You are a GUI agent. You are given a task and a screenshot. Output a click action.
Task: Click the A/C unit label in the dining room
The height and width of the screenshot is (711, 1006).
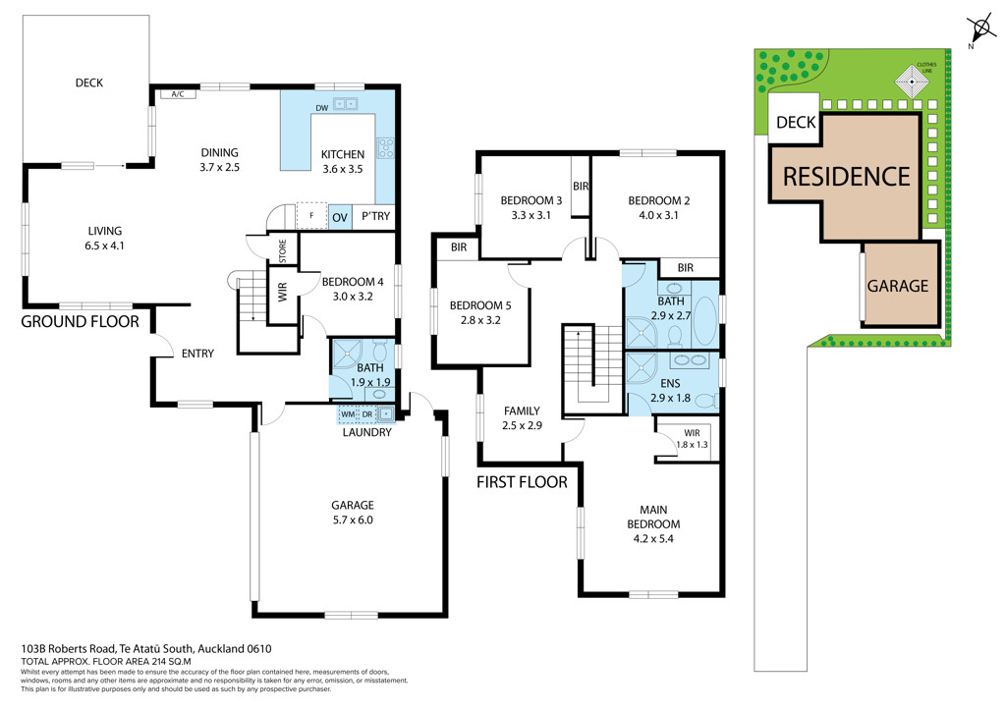(x=178, y=94)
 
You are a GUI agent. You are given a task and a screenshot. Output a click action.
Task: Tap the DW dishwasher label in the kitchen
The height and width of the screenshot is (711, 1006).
(x=322, y=108)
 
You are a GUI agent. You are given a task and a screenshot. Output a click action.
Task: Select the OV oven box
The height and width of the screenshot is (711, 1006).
(x=339, y=217)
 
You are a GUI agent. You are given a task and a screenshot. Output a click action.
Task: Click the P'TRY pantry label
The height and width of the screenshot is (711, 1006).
(x=375, y=216)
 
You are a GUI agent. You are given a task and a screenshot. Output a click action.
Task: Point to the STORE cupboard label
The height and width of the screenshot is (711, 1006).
(x=283, y=250)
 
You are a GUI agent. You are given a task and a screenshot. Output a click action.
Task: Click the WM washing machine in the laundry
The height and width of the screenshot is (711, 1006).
(x=348, y=414)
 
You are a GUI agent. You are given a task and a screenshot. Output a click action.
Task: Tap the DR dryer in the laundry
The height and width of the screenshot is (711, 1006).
(x=367, y=414)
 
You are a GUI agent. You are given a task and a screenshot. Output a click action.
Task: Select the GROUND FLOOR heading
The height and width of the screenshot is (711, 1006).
(x=81, y=321)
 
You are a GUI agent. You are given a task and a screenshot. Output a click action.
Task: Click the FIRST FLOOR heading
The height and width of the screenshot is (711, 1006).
(x=522, y=482)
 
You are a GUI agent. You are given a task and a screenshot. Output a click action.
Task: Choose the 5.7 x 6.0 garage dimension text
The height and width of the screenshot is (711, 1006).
(x=353, y=520)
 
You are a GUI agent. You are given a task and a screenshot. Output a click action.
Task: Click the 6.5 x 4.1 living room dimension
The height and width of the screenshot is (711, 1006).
(x=104, y=246)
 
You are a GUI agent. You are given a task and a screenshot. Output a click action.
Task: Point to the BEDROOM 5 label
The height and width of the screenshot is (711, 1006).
(x=480, y=305)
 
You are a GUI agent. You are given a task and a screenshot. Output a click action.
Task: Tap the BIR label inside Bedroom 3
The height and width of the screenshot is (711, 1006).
(x=581, y=186)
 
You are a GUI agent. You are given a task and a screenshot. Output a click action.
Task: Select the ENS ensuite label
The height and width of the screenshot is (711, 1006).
(x=670, y=383)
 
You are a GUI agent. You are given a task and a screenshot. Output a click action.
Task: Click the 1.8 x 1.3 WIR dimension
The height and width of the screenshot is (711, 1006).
(x=693, y=444)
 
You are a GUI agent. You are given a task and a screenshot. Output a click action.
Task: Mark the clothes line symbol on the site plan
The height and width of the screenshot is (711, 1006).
(x=912, y=82)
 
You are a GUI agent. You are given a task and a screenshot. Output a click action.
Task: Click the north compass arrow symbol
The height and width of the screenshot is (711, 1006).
(x=980, y=29)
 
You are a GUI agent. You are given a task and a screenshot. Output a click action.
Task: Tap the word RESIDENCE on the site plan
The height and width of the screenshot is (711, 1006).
(x=846, y=177)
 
